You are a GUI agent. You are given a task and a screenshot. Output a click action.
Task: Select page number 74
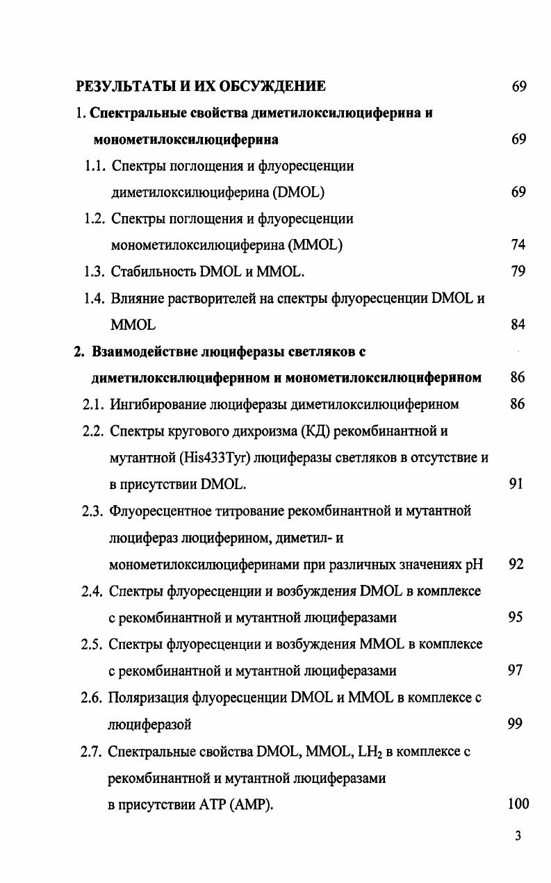(x=518, y=245)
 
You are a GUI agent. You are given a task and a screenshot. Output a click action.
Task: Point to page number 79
(x=518, y=271)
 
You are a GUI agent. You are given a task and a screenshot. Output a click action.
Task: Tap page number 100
(x=518, y=804)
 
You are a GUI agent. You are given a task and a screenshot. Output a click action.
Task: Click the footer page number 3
(x=518, y=836)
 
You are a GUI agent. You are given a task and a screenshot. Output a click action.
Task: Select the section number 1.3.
(x=94, y=271)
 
